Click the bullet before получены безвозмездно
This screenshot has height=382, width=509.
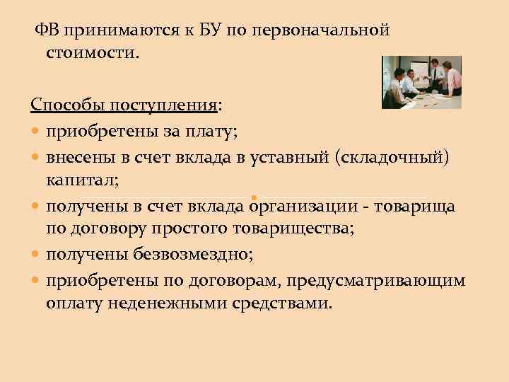[x=35, y=256]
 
